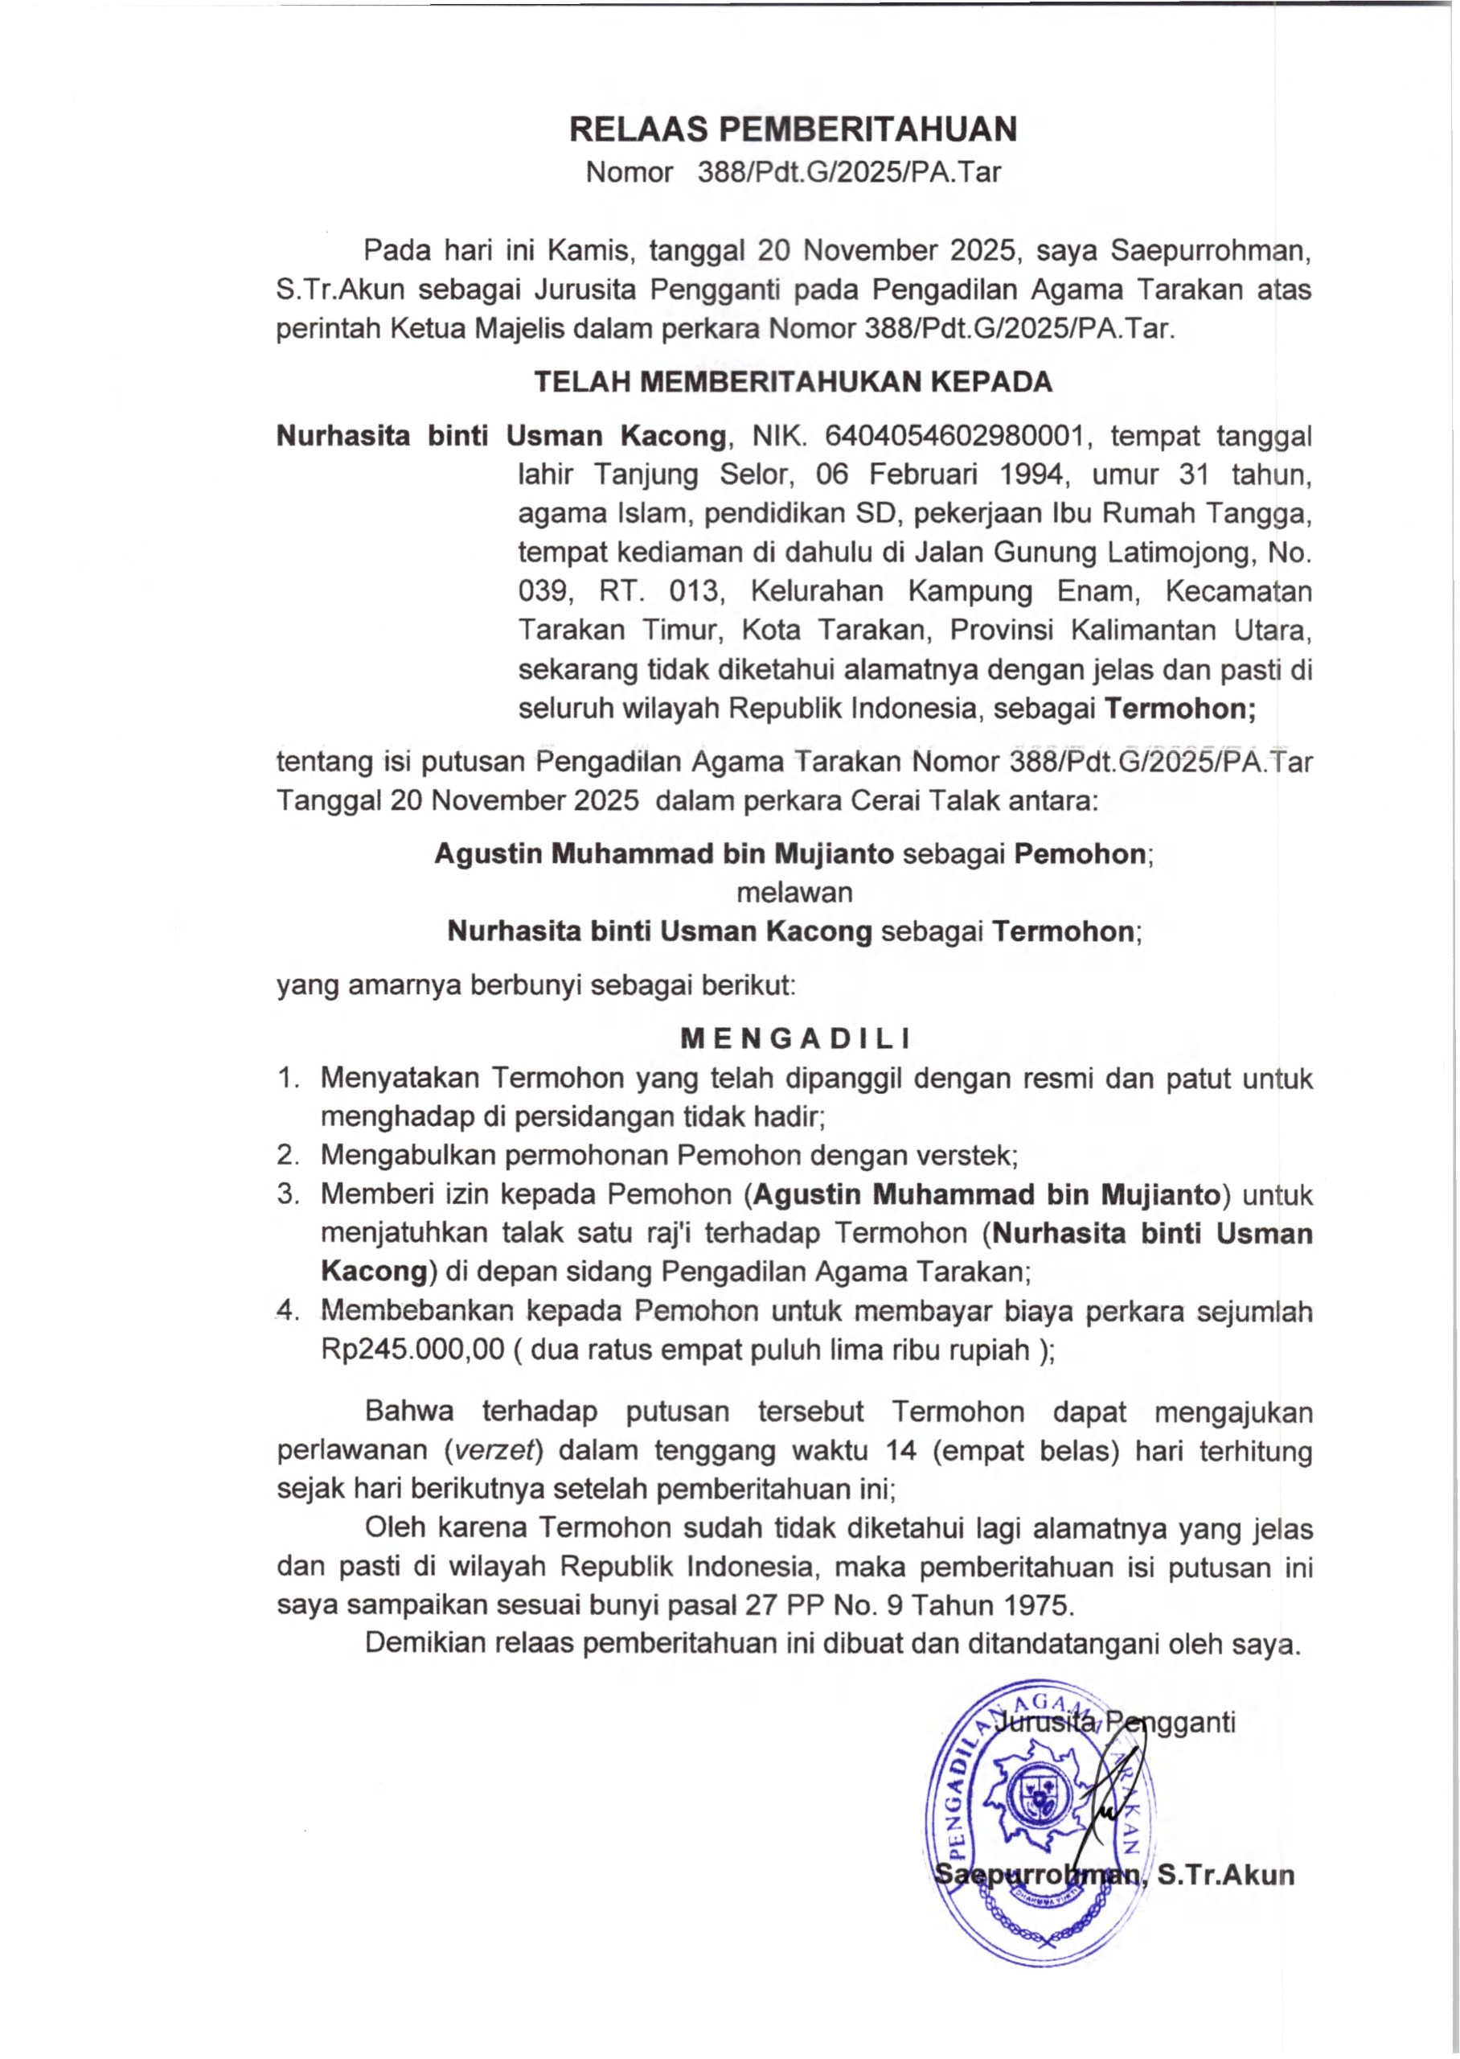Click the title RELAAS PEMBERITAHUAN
(793, 129)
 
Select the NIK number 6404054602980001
(953, 436)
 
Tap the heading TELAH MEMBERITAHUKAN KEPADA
(793, 382)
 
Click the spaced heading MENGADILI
(795, 1039)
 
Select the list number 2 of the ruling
(287, 1154)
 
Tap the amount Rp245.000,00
(412, 1350)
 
